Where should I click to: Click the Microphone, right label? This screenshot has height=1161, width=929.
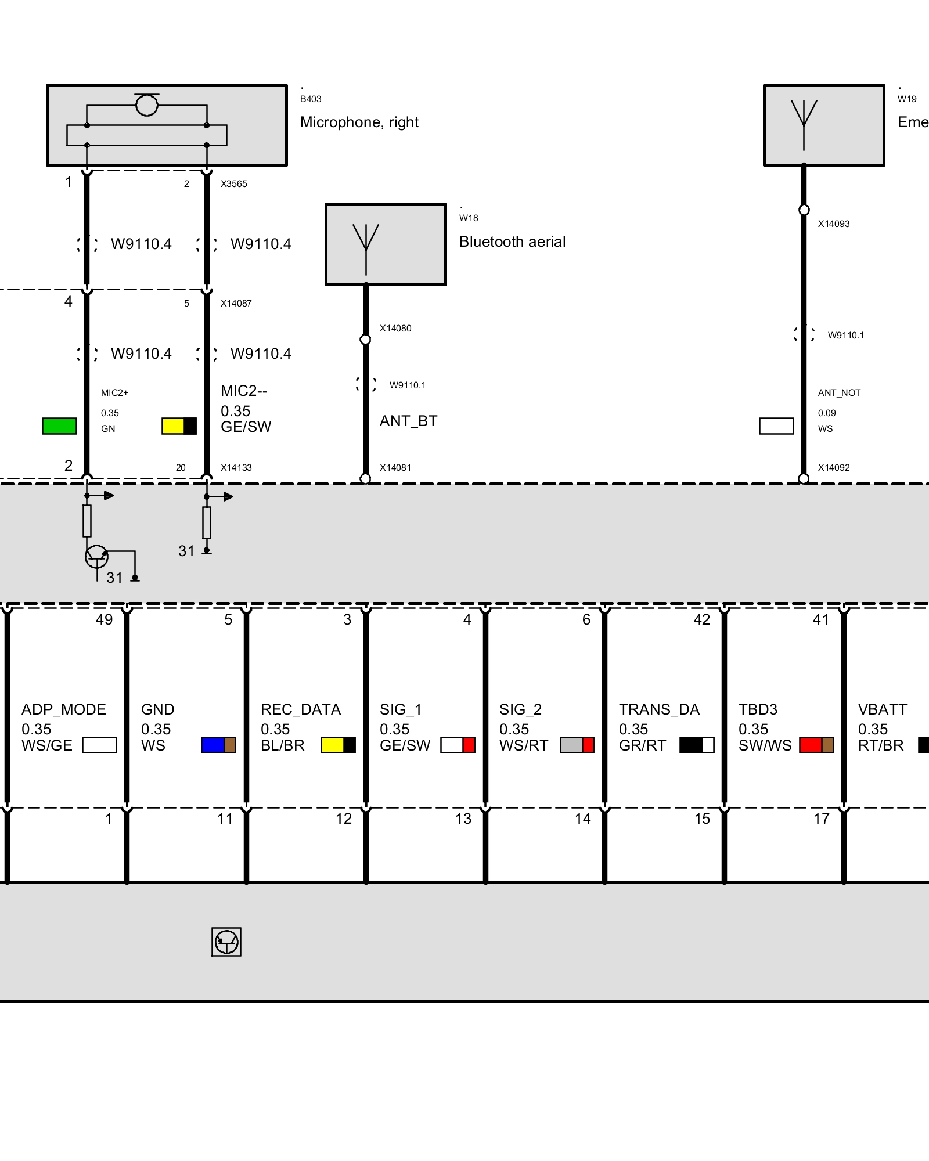click(359, 122)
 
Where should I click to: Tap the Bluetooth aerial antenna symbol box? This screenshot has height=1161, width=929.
click(386, 244)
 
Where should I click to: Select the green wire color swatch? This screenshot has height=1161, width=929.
click(59, 426)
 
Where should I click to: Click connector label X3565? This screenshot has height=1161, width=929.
click(233, 184)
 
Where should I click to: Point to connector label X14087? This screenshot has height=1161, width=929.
click(236, 304)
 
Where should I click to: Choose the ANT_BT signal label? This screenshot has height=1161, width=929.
click(408, 421)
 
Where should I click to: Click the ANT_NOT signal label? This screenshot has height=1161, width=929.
click(839, 393)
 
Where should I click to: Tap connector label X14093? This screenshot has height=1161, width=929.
click(833, 224)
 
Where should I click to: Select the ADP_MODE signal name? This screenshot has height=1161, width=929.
click(64, 709)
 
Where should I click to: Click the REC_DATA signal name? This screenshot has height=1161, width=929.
click(301, 709)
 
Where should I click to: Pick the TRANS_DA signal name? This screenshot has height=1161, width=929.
click(659, 709)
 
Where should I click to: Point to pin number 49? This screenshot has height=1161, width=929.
click(105, 620)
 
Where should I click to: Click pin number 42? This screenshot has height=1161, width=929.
click(701, 620)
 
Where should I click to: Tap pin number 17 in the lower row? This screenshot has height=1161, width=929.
click(821, 819)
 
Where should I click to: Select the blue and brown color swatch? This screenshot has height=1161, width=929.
click(218, 745)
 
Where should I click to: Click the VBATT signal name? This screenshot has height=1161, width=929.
click(882, 709)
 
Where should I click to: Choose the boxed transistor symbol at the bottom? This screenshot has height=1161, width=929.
click(226, 942)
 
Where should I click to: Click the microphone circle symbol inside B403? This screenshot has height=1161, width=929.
click(146, 105)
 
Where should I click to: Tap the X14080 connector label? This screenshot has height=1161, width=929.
click(395, 329)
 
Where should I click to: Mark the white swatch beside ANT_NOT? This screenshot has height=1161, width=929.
click(776, 426)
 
